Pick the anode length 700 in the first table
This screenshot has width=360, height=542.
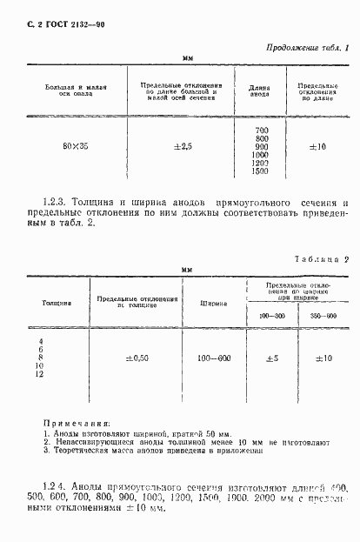coord(257,129)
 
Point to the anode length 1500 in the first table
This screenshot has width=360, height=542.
coord(258,171)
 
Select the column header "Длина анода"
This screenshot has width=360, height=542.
coord(258,91)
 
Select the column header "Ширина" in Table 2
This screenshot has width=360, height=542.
coord(214,304)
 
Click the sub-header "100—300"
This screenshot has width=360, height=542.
coord(271,314)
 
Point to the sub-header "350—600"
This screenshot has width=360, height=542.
coord(323,314)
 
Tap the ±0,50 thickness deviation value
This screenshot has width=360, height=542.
coord(139,358)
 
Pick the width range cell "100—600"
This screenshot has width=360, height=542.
coord(214,358)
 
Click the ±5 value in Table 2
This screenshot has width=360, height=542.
coord(271,358)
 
